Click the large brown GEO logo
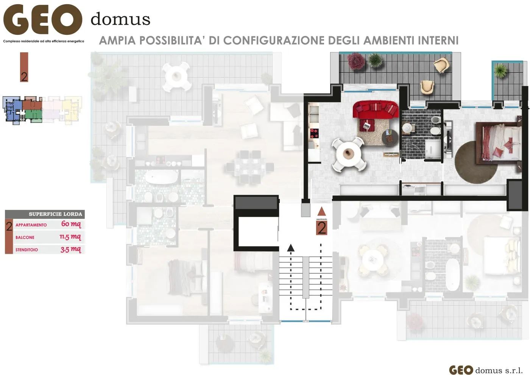[43, 20]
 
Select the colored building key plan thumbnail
[42, 110]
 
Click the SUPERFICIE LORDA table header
[55, 214]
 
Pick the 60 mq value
[71, 224]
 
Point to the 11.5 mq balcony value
[70, 237]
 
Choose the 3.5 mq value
[70, 250]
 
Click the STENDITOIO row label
[26, 250]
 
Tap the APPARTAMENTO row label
[31, 225]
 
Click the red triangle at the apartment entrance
[321, 211]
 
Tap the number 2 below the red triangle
[321, 228]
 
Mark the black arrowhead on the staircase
[290, 248]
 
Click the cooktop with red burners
[314, 133]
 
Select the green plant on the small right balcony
[500, 70]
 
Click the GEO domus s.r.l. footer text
[486, 370]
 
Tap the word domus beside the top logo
[120, 19]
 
